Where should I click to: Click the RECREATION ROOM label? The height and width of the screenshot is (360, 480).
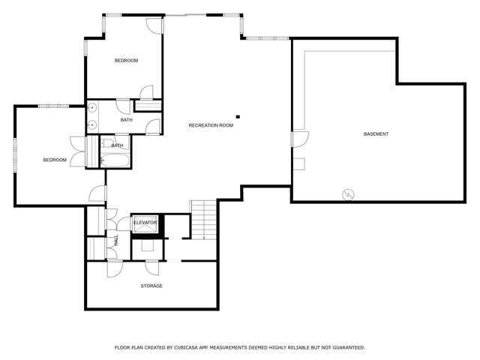(x=211, y=125)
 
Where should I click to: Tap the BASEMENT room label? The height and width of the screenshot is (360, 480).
(x=376, y=134)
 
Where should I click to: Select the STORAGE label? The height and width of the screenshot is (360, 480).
(x=151, y=286)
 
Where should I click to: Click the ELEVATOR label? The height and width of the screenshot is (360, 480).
(x=145, y=223)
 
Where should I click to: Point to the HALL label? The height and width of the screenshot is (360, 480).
(x=116, y=240)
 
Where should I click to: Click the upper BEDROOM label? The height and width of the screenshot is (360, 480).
(x=126, y=60)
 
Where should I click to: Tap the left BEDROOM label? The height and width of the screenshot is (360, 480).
(x=55, y=160)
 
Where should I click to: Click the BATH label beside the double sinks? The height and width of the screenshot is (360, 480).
(x=127, y=120)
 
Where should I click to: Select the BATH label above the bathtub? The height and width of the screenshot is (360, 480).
(x=118, y=145)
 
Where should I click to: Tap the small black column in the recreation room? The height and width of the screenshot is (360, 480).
(x=238, y=116)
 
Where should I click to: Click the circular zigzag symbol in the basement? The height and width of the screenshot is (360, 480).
(x=348, y=194)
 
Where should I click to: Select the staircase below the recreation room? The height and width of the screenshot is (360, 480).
(x=202, y=220)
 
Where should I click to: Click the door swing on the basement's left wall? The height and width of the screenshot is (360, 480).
(x=299, y=139)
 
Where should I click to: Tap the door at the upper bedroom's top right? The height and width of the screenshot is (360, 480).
(x=154, y=24)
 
